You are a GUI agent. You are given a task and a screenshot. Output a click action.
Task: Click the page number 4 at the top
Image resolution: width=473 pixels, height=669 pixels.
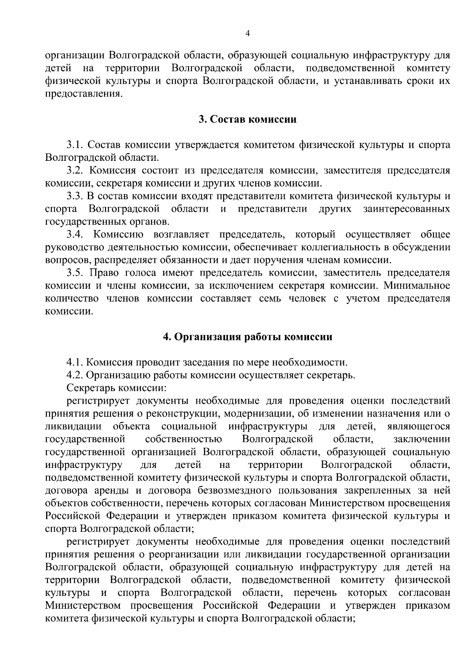247,34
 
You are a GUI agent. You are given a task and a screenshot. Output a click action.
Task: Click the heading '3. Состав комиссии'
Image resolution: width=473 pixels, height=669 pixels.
247,119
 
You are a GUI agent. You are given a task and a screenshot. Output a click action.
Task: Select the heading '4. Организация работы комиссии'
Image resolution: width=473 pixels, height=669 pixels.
248,337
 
